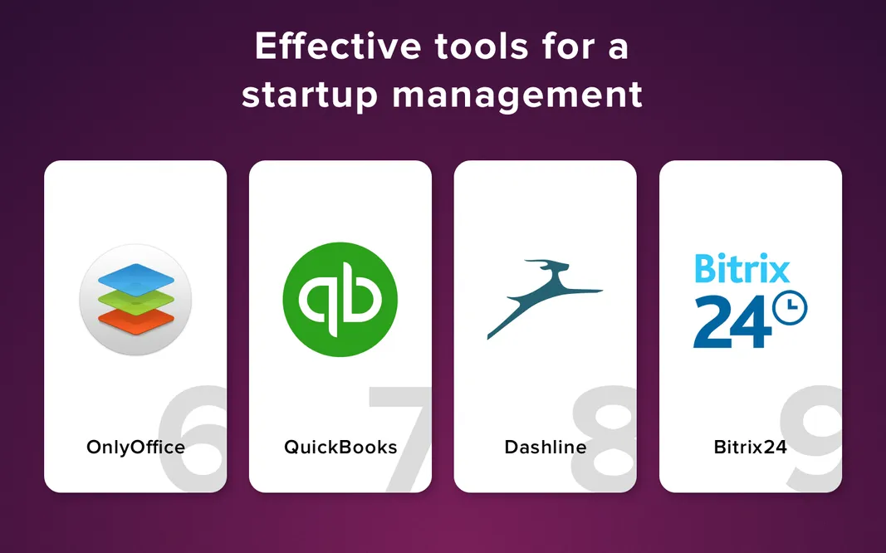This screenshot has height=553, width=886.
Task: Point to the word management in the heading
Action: [x=517, y=95]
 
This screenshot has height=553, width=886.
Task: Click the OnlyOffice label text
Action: [x=135, y=448]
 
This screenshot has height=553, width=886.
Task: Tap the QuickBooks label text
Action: [x=340, y=448]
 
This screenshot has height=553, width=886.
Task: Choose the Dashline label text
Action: [x=546, y=448]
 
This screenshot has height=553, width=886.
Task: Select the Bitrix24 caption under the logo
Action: [x=751, y=448]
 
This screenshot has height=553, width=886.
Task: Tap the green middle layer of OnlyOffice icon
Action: [x=135, y=298]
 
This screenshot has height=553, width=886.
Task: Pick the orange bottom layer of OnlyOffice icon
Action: [x=135, y=318]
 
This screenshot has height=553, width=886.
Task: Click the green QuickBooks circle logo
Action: [x=340, y=298]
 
